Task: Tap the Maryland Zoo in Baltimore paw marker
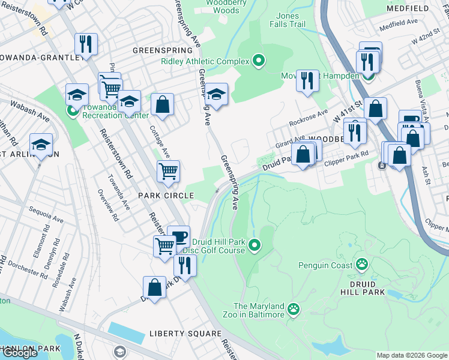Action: [x=294, y=310]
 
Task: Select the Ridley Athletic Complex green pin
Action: [x=259, y=61]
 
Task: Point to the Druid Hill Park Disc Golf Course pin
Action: [x=255, y=245]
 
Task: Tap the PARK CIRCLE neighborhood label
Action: [x=166, y=196]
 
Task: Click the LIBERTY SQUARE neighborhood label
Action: [x=185, y=333]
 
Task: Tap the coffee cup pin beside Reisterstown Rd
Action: [x=178, y=236]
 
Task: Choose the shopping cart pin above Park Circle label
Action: [x=169, y=171]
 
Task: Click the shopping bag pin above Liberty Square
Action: [x=155, y=287]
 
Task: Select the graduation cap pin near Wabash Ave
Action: [x=41, y=145]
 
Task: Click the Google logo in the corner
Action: [x=20, y=353]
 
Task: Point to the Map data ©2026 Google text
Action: [x=412, y=355]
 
